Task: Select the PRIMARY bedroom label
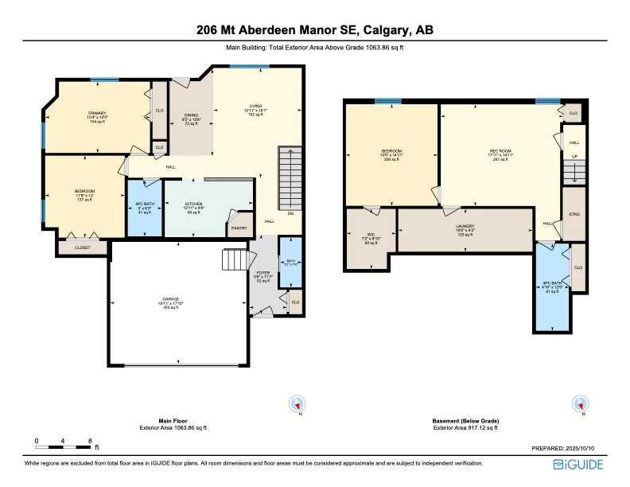tap(97, 113)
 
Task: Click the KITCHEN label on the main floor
tap(194, 204)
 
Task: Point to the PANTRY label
tap(239, 228)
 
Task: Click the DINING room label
tap(191, 115)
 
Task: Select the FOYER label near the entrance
tap(262, 272)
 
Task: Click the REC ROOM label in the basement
tap(498, 151)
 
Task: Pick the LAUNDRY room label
tap(465, 226)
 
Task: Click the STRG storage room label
tap(574, 214)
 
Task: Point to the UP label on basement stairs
tap(574, 157)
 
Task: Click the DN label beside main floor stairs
tap(290, 213)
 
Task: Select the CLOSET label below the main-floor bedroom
tap(83, 247)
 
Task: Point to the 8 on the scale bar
tap(90, 440)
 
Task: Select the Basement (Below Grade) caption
tap(466, 421)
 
